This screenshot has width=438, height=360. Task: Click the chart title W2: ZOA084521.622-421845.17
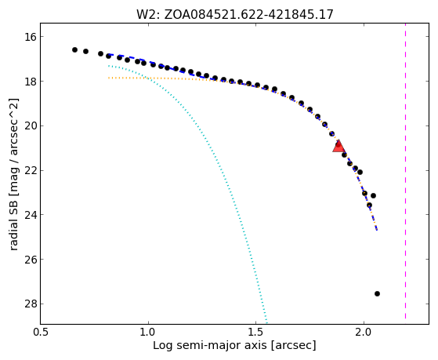[234, 14]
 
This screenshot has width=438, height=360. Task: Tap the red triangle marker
[338, 147]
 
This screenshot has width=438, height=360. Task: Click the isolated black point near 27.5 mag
[377, 293]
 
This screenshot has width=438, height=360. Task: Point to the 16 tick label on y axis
[30, 37]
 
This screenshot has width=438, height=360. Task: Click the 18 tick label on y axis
[30, 82]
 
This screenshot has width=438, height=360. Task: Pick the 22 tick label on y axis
[30, 170]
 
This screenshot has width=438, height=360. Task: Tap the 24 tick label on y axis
[30, 215]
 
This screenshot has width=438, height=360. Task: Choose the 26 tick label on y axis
[30, 260]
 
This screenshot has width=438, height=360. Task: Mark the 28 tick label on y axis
[30, 304]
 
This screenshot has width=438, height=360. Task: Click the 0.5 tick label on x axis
[41, 332]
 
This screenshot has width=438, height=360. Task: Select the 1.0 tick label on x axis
[148, 332]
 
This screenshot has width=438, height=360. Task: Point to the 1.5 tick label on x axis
[256, 332]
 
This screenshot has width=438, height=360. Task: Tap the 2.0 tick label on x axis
[364, 332]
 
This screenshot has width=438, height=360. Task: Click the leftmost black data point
[74, 49]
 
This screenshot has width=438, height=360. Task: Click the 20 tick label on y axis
[30, 125]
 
